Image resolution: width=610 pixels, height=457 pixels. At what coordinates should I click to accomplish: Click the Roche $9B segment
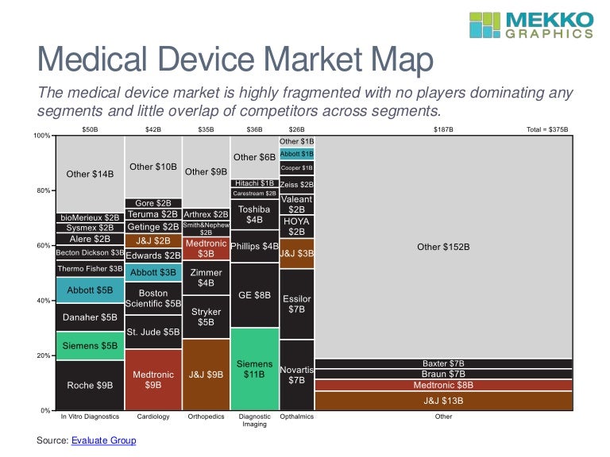point(90,385)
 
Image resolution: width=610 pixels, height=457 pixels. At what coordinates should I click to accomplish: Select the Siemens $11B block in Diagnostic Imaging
point(254,369)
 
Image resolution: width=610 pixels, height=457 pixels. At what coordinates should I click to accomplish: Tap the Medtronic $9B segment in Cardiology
point(153,379)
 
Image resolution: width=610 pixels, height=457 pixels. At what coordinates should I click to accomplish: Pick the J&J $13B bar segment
point(444,401)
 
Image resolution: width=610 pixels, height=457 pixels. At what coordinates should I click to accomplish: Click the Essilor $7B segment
point(296,304)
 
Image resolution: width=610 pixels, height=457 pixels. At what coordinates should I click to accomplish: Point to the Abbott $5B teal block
point(90,290)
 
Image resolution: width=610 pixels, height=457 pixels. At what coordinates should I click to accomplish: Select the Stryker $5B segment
point(206,317)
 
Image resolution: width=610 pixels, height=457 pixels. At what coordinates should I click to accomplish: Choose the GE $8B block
point(254,295)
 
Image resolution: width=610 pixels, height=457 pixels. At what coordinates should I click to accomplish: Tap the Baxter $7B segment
point(444,363)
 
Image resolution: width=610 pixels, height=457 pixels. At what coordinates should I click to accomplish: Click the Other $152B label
point(444,247)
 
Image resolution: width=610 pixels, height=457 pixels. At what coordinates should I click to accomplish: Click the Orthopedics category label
point(206,416)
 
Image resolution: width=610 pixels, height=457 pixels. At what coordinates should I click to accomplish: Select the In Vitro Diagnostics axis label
point(90,416)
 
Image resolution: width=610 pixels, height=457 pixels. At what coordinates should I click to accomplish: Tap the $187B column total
point(444,128)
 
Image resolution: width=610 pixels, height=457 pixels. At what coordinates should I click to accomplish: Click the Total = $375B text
point(548,128)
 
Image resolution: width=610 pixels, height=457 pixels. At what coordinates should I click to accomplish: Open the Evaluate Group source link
point(103,440)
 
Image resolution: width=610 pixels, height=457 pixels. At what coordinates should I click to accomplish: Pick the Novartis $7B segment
point(296,375)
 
